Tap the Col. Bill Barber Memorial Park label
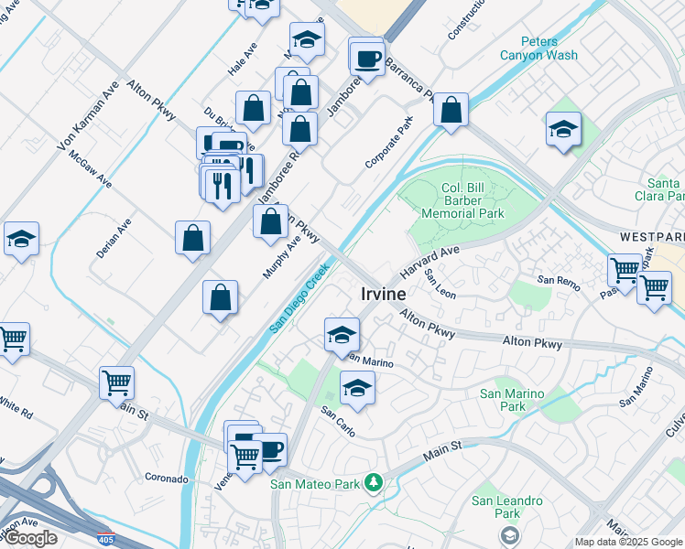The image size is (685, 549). tap(462, 201)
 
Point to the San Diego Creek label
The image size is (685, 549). tap(299, 299)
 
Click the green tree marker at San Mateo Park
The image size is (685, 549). tap(373, 482)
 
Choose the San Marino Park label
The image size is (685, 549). tap(513, 400)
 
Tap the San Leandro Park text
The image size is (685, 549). tap(507, 507)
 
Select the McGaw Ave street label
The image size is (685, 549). tap(90, 169)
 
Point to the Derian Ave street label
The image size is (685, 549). tap(114, 237)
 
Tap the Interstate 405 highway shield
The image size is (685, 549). tap(107, 539)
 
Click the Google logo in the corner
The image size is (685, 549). tap(29, 538)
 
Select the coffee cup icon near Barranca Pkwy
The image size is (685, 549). tap(367, 60)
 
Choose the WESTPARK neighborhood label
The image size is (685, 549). tap(651, 236)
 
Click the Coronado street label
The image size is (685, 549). tap(166, 478)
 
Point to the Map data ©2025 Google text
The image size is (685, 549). tap(628, 542)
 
